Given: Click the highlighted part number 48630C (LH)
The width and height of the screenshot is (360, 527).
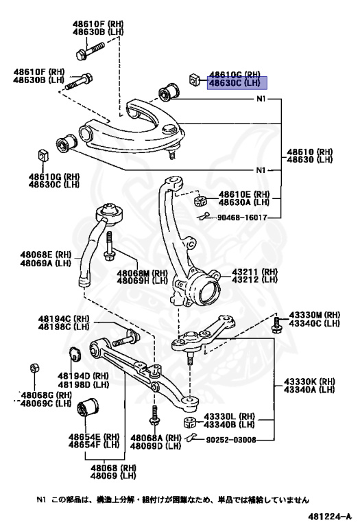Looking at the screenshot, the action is tap(235, 82).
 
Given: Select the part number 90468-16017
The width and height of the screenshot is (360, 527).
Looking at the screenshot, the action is tap(242, 218).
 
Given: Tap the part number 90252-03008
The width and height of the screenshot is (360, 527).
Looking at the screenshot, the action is tap(230, 440).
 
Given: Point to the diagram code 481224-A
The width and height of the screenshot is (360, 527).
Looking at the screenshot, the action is tap(330, 516).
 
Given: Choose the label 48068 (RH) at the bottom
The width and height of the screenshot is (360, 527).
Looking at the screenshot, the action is tap(113, 468).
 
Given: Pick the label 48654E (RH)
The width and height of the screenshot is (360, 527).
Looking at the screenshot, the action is tap(94, 436).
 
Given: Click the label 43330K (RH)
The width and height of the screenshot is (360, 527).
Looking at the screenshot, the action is tap(310, 382).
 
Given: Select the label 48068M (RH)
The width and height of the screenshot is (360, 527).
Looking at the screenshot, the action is tap(143, 273).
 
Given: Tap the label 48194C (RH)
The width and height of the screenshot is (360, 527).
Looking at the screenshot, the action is tap(64, 318).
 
